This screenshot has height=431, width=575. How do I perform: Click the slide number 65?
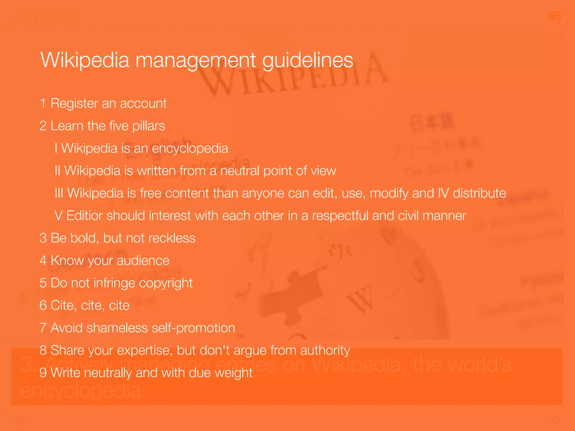pos(554,16)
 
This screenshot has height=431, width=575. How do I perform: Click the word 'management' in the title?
pos(196,60)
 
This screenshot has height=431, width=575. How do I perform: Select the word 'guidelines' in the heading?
pos(307,61)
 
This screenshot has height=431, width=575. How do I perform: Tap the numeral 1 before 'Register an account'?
pos(43,103)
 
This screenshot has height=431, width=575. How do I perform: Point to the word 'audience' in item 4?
pos(143,261)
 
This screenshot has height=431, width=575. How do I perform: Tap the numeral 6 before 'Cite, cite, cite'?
pos(43,305)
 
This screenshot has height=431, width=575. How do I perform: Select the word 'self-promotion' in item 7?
pos(193,328)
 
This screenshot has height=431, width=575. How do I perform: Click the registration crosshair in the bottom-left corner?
pos(21,420)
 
